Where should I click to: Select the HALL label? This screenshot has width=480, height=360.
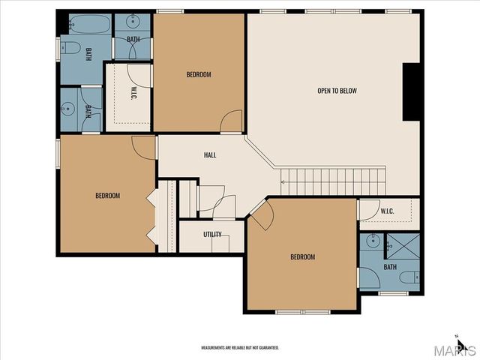click(x=210, y=155)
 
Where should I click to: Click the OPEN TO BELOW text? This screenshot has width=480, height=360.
click(x=337, y=91)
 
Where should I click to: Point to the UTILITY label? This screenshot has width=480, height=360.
click(x=212, y=234)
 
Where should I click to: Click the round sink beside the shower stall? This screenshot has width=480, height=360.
click(x=372, y=243)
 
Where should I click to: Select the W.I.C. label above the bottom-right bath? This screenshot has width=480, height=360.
click(x=387, y=211)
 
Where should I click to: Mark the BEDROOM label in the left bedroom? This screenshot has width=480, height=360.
click(x=107, y=196)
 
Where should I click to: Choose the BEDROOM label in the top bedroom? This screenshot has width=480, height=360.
click(x=199, y=74)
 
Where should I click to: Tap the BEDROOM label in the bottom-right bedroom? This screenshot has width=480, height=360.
click(x=302, y=257)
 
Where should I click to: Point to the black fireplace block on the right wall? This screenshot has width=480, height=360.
click(x=411, y=91)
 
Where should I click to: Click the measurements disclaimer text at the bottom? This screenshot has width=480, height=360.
click(x=239, y=348)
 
